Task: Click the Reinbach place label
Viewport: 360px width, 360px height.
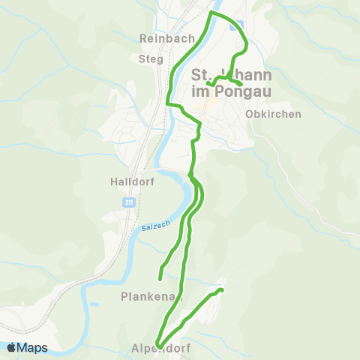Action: click(167, 38)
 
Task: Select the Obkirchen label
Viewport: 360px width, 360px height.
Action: click(273, 114)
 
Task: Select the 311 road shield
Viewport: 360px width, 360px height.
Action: click(129, 202)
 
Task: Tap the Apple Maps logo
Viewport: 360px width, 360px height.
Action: click(27, 347)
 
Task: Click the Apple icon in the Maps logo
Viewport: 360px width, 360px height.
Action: click(12, 347)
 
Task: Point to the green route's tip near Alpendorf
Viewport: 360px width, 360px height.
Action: click(158, 343)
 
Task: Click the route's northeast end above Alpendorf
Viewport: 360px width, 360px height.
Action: click(222, 289)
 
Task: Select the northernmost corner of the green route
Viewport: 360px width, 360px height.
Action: click(211, 13)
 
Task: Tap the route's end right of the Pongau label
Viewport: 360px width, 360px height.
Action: click(241, 83)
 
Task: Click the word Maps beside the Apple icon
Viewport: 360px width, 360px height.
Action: click(33, 347)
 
